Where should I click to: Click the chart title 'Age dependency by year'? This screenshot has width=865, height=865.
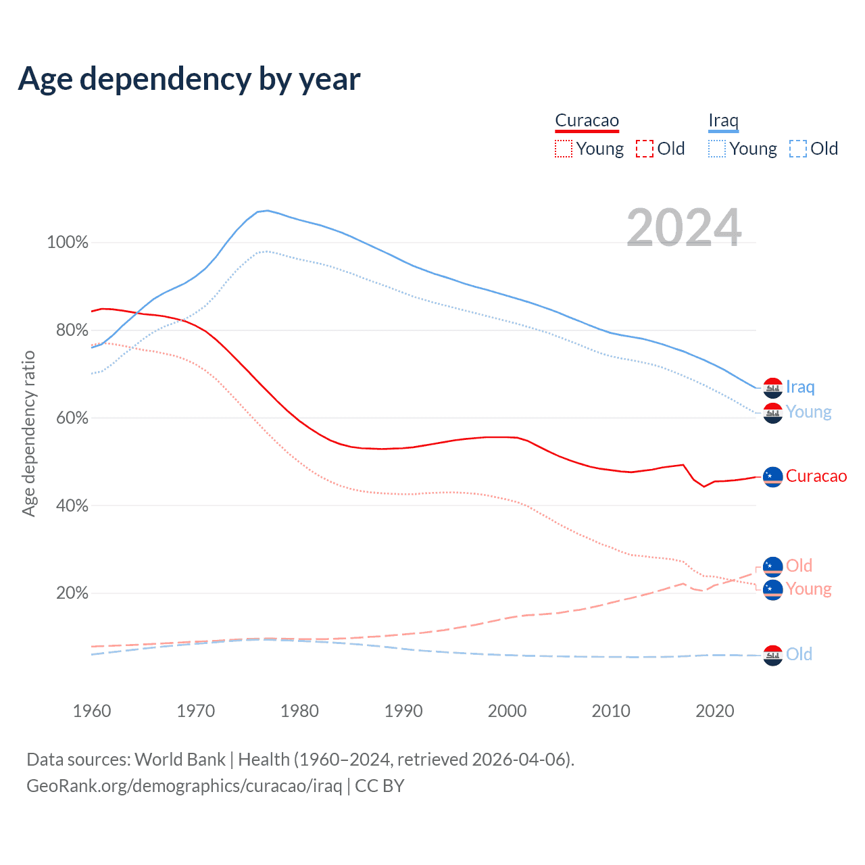(189, 78)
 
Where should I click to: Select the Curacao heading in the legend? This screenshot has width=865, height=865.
(587, 121)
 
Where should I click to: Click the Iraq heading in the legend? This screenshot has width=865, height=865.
(723, 121)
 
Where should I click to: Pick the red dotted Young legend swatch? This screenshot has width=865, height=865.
(563, 149)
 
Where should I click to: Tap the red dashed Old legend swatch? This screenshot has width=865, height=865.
(644, 149)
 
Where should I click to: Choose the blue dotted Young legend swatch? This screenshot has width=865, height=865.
(716, 149)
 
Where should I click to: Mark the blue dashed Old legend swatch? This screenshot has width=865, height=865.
(797, 149)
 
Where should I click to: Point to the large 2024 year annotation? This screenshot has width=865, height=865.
(684, 228)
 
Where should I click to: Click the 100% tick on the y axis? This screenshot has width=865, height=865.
(68, 242)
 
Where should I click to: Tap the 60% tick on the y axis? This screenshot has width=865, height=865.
(72, 418)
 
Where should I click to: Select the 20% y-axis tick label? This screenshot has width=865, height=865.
(72, 593)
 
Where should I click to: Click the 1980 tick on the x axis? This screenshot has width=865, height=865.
(299, 711)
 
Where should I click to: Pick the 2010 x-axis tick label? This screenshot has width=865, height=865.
(611, 711)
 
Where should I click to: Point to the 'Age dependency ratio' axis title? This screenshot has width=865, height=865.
(28, 433)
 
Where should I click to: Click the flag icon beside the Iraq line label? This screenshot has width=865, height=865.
(772, 388)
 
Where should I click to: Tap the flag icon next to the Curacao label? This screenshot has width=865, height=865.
(772, 476)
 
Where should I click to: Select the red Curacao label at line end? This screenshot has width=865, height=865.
(816, 476)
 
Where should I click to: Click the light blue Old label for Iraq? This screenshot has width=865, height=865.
(799, 654)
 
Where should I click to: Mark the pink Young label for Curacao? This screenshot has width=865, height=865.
(808, 589)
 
